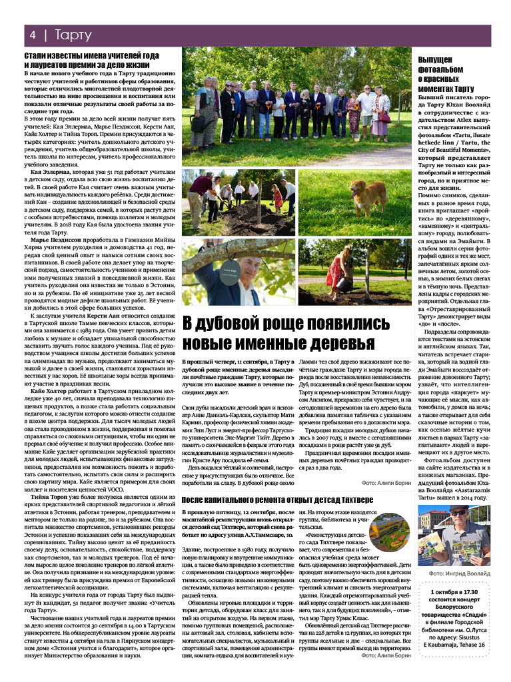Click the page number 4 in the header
(31, 34)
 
